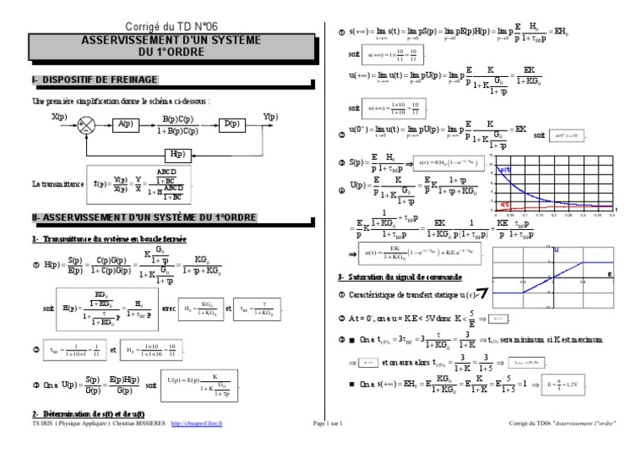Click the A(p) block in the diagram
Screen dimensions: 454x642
pyautogui.click(x=125, y=125)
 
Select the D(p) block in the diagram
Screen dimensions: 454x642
pyautogui.click(x=230, y=125)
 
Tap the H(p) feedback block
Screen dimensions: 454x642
pyautogui.click(x=176, y=154)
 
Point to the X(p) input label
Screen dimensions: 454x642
pyautogui.click(x=60, y=117)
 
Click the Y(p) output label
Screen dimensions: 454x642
pyautogui.click(x=270, y=117)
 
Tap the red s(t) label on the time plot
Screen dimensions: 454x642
pyautogui.click(x=503, y=204)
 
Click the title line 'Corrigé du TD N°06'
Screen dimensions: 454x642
pyautogui.click(x=158, y=28)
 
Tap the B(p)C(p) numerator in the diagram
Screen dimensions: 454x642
pyautogui.click(x=179, y=118)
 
